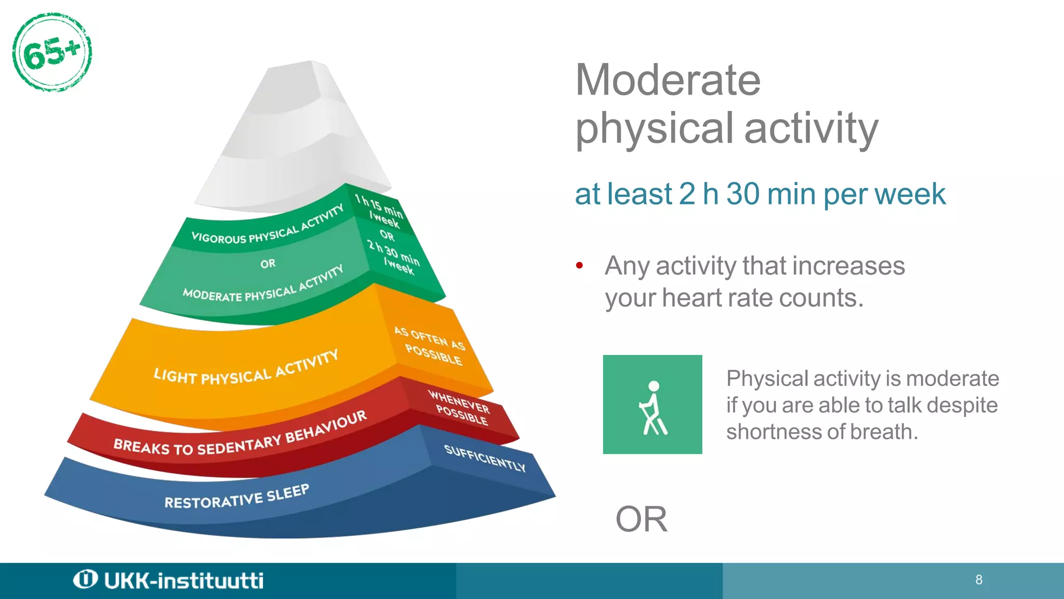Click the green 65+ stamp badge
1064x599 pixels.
pyautogui.click(x=52, y=53)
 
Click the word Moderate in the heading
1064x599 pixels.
pyautogui.click(x=668, y=80)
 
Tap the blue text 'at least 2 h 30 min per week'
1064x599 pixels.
pyautogui.click(x=760, y=194)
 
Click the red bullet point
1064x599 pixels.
pyautogui.click(x=580, y=266)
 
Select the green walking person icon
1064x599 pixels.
pyautogui.click(x=653, y=405)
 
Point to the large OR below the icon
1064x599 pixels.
pyautogui.click(x=641, y=519)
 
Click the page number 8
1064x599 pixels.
pyautogui.click(x=979, y=580)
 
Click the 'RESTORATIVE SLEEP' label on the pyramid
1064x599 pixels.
pyautogui.click(x=237, y=497)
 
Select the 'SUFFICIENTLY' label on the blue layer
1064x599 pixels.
pyautogui.click(x=484, y=458)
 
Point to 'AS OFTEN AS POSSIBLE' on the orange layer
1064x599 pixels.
pyautogui.click(x=430, y=346)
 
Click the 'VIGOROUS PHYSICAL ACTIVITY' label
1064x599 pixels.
pyautogui.click(x=267, y=226)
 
